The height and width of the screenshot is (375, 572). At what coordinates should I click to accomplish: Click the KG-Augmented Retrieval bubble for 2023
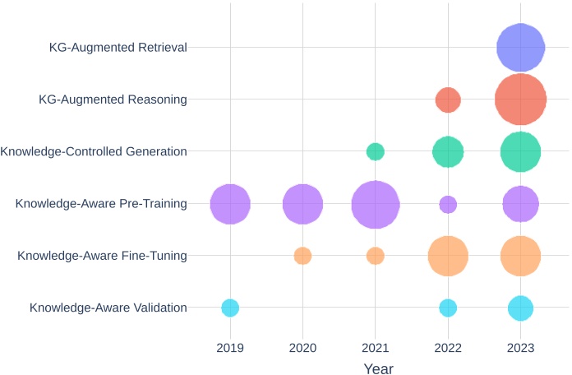point(520,48)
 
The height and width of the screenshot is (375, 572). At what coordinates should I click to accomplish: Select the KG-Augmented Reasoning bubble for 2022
point(448,100)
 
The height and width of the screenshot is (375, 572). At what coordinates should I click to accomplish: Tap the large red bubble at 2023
point(520,100)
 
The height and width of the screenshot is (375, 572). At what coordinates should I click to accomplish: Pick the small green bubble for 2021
point(376,151)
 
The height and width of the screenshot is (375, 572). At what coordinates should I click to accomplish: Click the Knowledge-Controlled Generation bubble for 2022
point(448,151)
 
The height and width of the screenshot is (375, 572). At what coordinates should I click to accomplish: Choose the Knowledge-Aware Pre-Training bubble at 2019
point(230,204)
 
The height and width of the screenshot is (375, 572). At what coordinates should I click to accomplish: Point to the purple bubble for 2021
point(376,204)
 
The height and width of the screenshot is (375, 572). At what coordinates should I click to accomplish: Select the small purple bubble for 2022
point(448,204)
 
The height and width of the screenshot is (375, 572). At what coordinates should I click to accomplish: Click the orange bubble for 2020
point(302,256)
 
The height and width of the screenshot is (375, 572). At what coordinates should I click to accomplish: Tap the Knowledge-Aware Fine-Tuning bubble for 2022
point(448,256)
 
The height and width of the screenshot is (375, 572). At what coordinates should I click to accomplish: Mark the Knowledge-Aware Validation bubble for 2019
point(230,308)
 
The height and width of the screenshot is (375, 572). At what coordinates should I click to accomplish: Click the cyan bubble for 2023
point(520,308)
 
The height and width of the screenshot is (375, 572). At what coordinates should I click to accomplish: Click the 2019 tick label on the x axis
point(230,348)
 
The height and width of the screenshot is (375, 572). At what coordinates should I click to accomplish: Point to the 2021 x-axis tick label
point(376,348)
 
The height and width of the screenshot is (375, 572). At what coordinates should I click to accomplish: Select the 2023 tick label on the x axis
point(520,348)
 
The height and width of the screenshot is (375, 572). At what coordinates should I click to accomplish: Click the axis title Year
point(378,369)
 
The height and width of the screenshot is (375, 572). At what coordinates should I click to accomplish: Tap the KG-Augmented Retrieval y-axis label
point(118,48)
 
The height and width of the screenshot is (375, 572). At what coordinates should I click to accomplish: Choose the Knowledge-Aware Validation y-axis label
point(108,308)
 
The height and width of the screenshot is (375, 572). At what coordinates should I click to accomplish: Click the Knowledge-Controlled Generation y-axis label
point(94,151)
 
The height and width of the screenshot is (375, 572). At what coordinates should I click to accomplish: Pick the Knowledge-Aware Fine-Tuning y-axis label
point(102,256)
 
